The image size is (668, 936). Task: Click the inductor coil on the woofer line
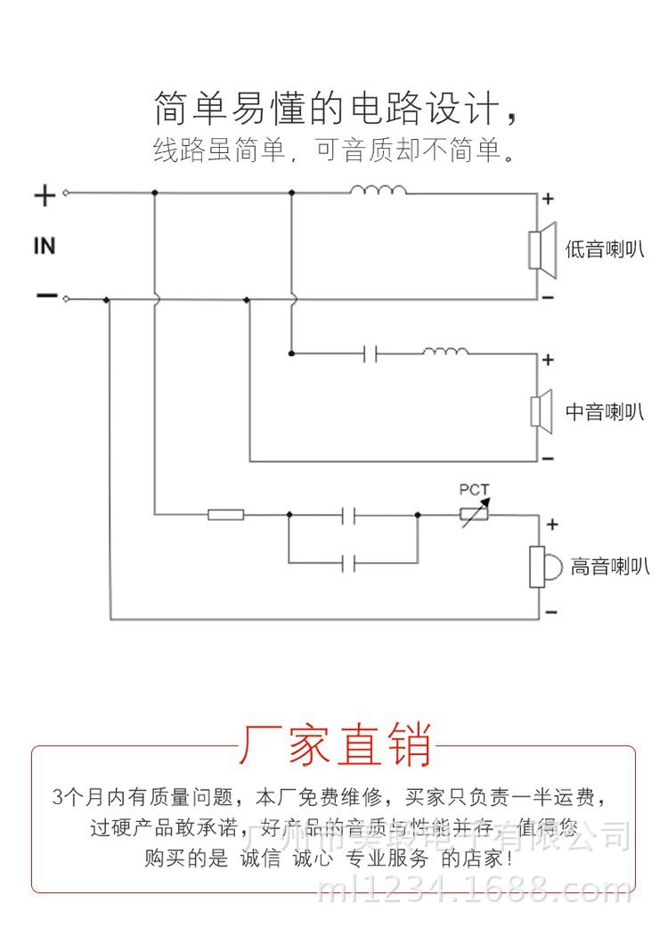379,190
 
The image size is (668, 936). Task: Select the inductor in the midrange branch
445,352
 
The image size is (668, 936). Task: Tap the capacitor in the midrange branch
371,354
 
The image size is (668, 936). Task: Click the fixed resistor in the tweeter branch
226,514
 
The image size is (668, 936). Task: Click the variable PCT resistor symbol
473,514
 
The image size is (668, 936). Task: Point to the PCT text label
474,490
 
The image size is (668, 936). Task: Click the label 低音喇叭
604,249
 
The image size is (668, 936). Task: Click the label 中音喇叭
604,411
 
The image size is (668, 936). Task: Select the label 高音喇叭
609,566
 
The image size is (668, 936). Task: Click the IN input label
45,245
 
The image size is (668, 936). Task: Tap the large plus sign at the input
45,195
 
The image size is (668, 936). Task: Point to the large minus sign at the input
46,296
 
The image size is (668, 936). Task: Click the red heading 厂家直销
335,745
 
